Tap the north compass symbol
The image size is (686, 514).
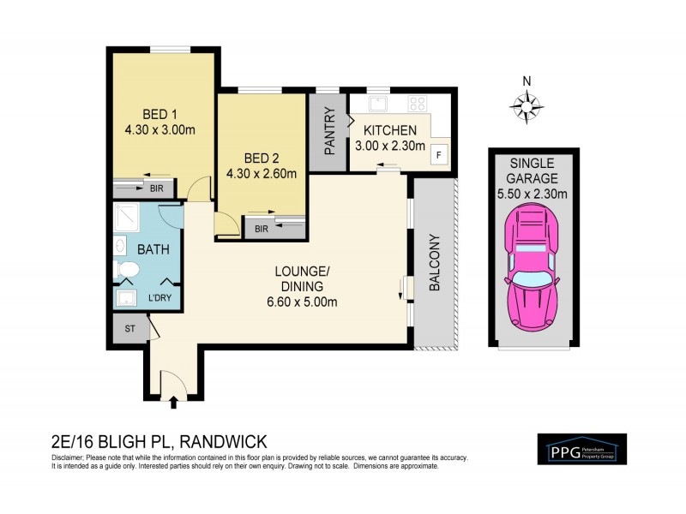527,107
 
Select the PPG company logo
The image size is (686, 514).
581,449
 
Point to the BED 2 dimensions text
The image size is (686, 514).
261,173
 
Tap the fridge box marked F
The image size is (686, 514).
438,155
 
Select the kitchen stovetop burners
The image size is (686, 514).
418,104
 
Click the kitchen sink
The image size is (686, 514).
380,104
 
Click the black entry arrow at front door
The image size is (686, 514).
175,399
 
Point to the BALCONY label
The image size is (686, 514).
434,263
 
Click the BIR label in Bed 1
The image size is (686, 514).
156,187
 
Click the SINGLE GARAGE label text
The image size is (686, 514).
533,170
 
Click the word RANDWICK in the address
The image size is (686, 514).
223,441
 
